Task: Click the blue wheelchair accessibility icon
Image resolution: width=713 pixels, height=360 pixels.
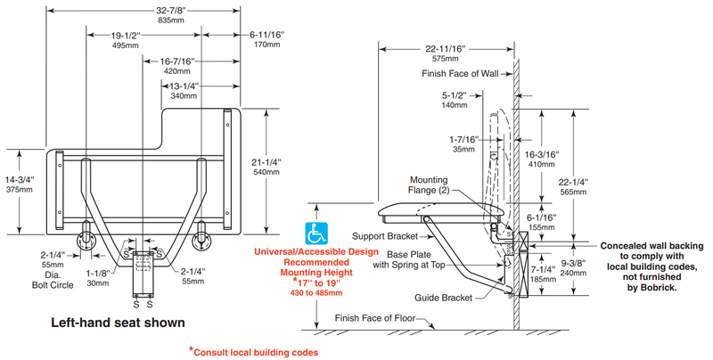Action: [x=316, y=233]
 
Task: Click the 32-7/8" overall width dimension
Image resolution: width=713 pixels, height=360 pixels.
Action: [x=171, y=11]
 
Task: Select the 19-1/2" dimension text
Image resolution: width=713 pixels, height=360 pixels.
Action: [x=126, y=36]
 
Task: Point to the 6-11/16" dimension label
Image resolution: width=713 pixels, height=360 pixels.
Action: [x=266, y=35]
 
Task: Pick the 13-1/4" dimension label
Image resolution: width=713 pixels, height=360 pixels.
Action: [x=184, y=86]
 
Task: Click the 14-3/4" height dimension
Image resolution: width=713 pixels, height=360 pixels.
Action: [x=20, y=179]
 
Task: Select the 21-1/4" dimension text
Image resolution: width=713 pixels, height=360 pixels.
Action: [x=266, y=162]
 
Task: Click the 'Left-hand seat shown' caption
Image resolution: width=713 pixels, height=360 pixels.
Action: [x=118, y=323]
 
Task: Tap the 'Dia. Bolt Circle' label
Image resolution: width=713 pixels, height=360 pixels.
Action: [x=53, y=280]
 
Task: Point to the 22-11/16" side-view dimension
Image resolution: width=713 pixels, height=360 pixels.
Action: [x=446, y=49]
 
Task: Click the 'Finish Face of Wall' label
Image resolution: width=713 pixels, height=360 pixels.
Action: [x=460, y=74]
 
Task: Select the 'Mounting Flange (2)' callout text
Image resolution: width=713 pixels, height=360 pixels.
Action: [x=429, y=185]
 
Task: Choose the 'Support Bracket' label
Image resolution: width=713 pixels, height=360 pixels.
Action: [x=385, y=236]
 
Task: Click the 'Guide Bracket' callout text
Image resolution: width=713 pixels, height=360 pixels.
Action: [x=443, y=298]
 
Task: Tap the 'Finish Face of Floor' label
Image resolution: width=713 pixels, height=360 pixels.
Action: [x=375, y=318]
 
